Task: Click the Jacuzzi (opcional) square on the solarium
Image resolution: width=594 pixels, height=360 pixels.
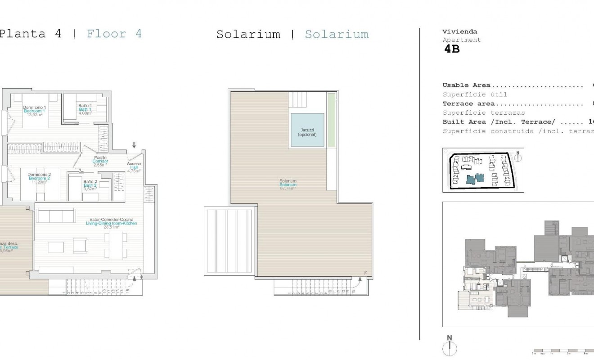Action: (307, 130)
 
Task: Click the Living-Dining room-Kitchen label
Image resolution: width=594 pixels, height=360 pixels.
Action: (111, 223)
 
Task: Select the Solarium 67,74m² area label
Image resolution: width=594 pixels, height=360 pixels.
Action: (288, 185)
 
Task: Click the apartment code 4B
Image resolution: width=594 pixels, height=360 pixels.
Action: (452, 49)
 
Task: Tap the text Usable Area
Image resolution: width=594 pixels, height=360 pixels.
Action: (466, 85)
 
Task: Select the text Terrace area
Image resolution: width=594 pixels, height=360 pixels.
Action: (468, 103)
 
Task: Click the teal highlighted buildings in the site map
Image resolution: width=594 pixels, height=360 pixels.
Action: (475, 179)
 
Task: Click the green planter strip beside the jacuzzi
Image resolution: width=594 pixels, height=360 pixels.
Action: (331, 120)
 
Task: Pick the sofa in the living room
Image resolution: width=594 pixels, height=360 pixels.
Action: (56, 216)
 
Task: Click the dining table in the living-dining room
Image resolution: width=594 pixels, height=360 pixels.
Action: (115, 245)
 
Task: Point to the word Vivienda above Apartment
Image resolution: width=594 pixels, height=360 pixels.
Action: (459, 32)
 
